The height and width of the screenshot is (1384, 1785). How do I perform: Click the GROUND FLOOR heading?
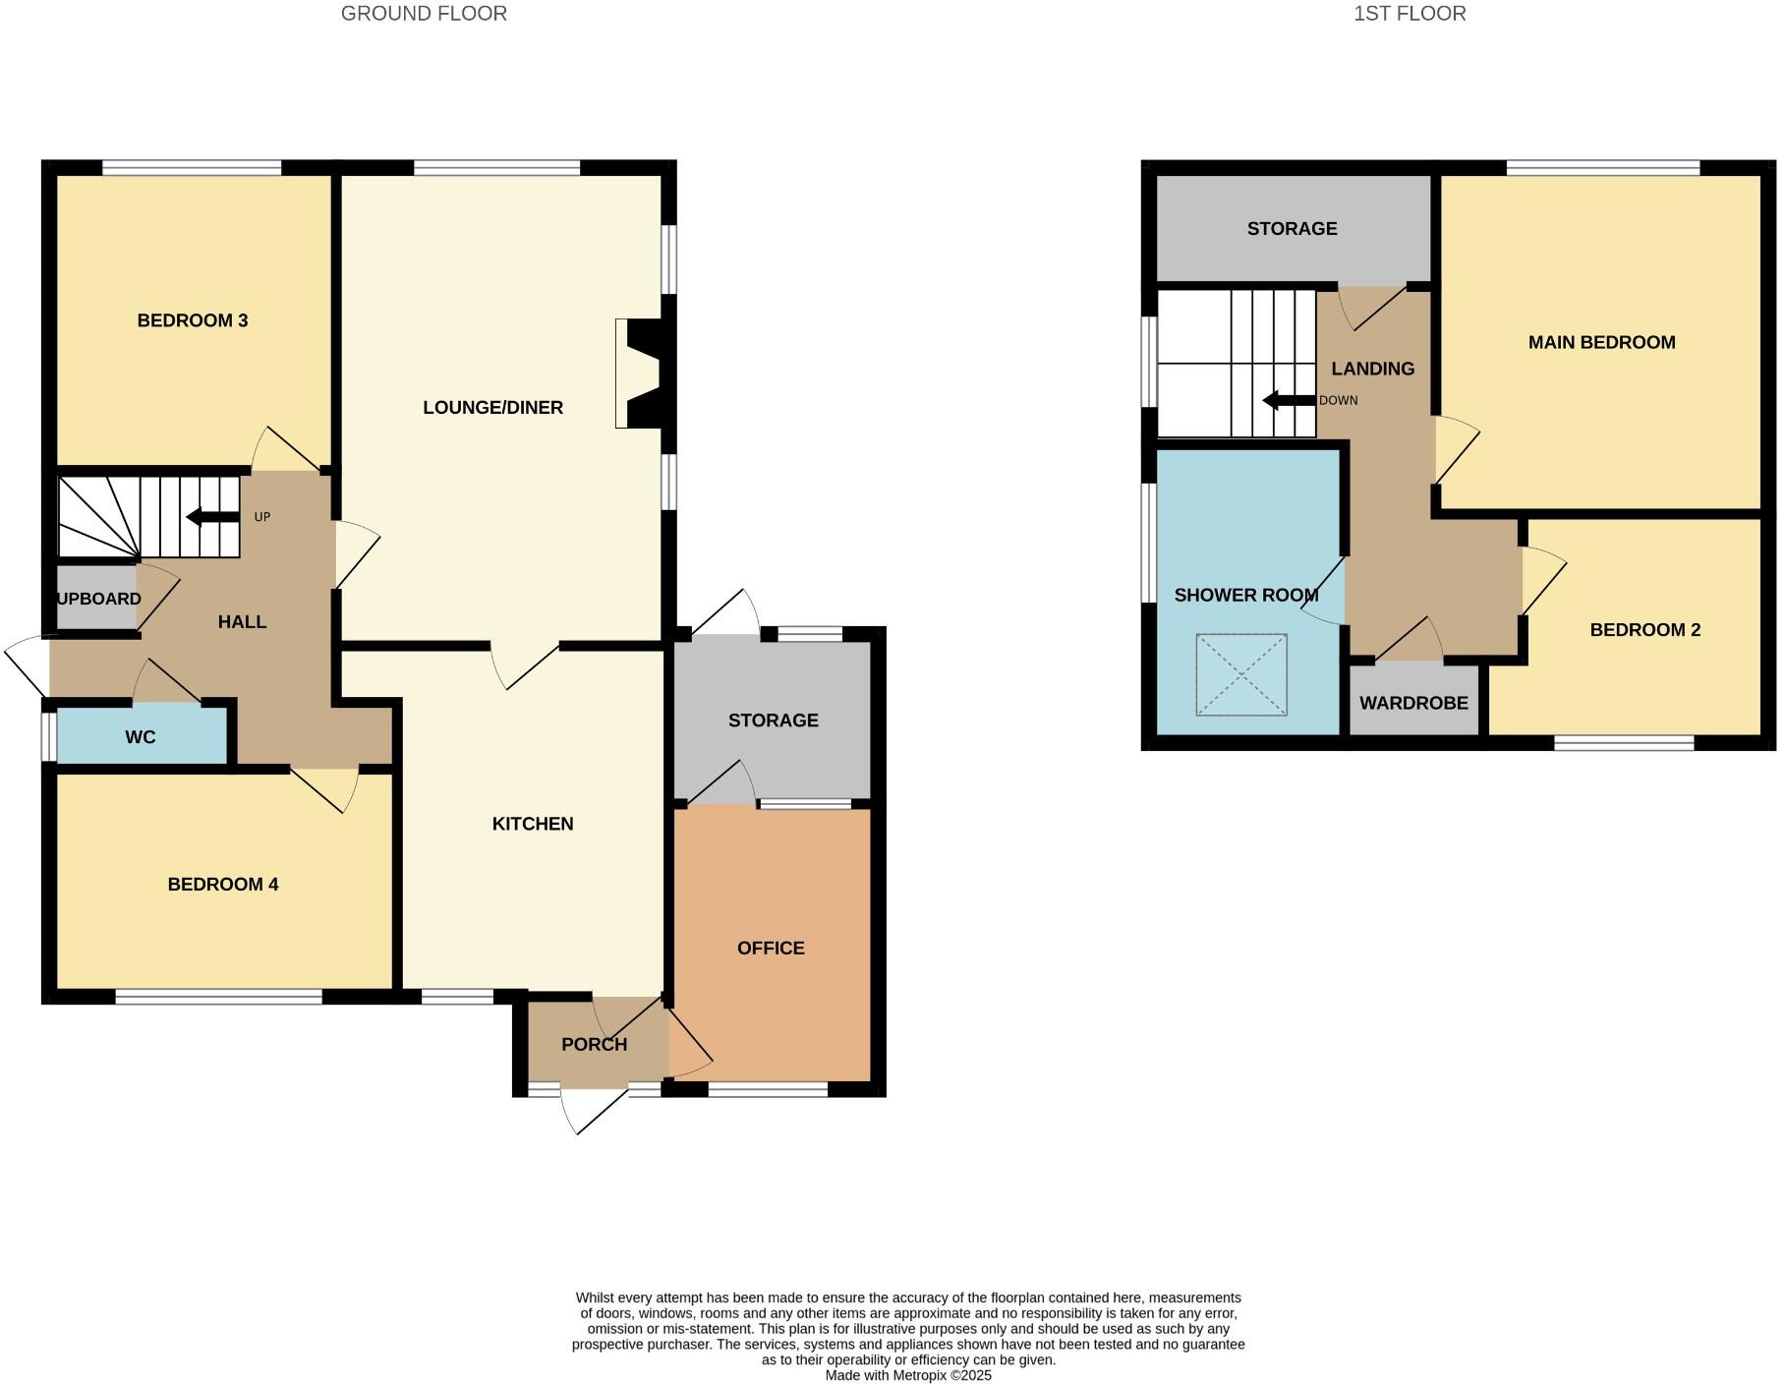click(424, 14)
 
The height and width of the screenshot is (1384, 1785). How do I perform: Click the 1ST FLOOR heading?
click(1410, 14)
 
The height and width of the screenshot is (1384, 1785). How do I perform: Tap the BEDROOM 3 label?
click(193, 320)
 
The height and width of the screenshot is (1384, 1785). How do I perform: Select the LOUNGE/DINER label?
click(492, 408)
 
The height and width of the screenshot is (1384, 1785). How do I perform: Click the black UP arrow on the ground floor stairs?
click(212, 517)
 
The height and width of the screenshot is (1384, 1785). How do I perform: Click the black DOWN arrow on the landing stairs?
click(1289, 400)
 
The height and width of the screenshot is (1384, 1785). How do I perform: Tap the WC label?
click(141, 737)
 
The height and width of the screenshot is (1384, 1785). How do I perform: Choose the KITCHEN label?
click(533, 824)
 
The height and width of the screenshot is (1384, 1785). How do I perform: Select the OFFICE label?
click(771, 949)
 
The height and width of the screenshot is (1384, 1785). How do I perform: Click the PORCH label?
click(594, 1044)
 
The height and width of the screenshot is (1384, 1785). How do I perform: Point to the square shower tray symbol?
click(1241, 674)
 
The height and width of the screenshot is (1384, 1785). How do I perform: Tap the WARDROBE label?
click(1413, 704)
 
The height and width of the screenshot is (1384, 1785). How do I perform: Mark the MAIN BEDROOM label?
click(1601, 343)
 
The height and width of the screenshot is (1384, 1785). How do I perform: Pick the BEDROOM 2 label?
click(1645, 630)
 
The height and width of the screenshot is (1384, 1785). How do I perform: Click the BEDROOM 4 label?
click(223, 885)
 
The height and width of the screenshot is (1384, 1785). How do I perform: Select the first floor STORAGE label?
click(1292, 229)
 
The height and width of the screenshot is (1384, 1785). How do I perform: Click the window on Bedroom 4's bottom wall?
click(218, 997)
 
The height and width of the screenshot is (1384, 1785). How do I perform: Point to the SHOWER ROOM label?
click(1245, 596)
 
